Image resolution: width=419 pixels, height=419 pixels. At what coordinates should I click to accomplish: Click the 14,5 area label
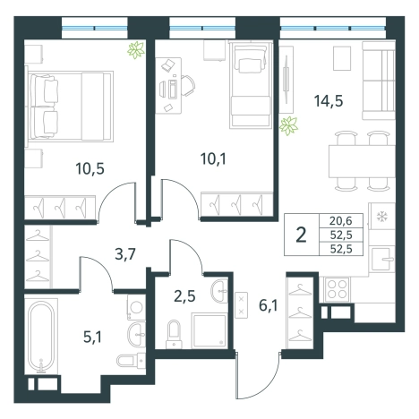pos(329,101)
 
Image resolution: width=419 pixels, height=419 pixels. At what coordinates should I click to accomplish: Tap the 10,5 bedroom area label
pos(90,168)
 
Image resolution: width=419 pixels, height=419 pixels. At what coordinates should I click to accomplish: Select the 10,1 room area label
pos(213,158)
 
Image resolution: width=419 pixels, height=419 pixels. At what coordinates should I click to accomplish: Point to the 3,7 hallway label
pos(125,254)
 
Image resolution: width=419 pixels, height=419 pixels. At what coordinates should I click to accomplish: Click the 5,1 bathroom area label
pos(92,338)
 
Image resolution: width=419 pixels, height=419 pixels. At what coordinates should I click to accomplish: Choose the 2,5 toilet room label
pos(184,296)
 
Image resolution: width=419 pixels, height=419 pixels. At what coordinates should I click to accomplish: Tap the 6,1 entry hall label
pos(269,305)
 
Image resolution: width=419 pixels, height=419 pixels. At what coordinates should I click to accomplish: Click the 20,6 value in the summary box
pos(341,221)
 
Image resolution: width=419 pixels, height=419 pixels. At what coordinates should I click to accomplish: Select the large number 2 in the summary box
pos(301,235)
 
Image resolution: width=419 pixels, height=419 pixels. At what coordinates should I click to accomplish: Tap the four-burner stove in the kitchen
pos(337,289)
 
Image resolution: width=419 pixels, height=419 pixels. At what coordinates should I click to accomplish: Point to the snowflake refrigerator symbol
pos(381,217)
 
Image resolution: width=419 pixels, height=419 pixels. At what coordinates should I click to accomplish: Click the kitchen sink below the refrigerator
pos(381,259)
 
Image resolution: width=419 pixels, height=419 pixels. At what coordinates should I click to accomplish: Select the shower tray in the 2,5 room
pos(209,330)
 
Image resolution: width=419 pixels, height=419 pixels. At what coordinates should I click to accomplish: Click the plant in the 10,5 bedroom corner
pos(136,50)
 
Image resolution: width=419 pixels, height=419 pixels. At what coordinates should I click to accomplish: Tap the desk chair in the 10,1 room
pos(188,86)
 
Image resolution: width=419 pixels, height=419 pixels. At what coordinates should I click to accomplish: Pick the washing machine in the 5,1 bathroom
pos(136,307)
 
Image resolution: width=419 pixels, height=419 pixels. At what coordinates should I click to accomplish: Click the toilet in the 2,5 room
pos(174,334)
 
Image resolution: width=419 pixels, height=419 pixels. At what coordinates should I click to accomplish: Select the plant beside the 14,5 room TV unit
pos(288,126)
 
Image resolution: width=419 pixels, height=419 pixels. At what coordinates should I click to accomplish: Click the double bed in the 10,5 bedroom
pos(71,107)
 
